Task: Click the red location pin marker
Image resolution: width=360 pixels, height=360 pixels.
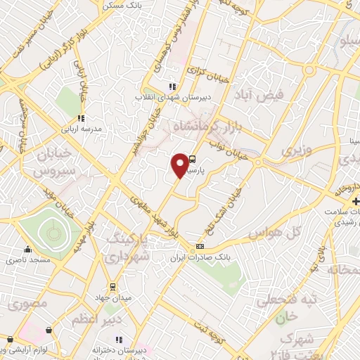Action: coord(181,165)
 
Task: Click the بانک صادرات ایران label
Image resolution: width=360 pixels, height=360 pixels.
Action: coord(193,258)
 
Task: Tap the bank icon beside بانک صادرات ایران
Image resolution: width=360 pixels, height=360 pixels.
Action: coord(200,246)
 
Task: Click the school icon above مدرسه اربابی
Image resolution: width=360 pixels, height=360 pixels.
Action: coord(81,118)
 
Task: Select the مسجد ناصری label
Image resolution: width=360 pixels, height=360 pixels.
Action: coord(27,260)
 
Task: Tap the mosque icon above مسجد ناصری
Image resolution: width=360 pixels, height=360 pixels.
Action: coord(27,249)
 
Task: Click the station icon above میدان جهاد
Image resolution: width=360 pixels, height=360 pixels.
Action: coord(112,287)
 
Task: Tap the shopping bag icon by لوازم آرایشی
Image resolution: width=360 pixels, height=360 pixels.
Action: coord(49,329)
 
